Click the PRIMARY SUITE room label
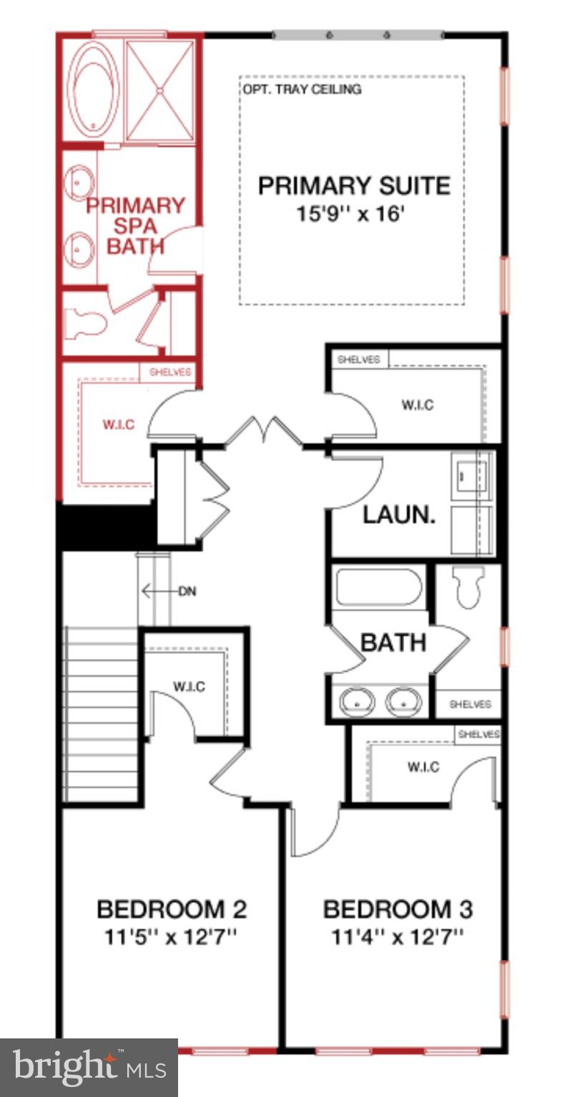coord(354,186)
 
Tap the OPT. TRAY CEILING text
coord(302,89)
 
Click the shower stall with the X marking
coord(160,90)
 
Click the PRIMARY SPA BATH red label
coord(135,226)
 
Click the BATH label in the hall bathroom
coord(393,642)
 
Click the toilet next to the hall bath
coord(468,587)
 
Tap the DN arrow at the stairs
coord(169,591)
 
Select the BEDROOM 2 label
coord(172,910)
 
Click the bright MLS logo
coord(89,1068)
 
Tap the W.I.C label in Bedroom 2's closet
coord(189,687)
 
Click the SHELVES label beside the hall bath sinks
coord(469,704)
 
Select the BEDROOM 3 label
coord(398,910)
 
